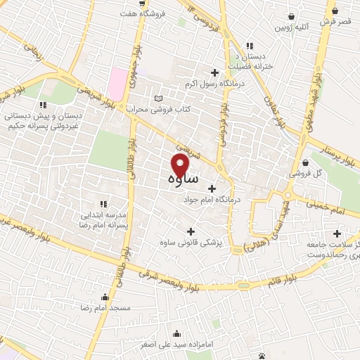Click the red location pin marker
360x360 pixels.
pos(181,166)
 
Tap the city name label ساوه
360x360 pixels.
pos(184,180)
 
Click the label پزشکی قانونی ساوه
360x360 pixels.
pos(192,243)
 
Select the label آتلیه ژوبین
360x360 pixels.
pos(292,29)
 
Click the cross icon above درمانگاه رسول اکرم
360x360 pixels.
pos(214,72)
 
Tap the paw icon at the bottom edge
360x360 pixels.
pos(262,355)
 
